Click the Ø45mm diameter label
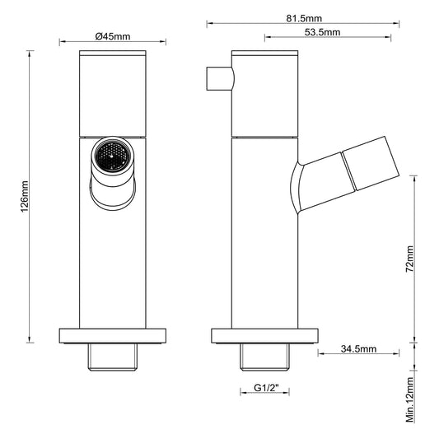coord(112,36)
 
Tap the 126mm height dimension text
coord(25,198)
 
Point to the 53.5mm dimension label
coord(323,32)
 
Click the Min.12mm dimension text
coord(409,400)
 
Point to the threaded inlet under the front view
coord(112,355)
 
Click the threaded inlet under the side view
coord(264,355)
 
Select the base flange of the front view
coord(112,335)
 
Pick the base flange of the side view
coord(264,335)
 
